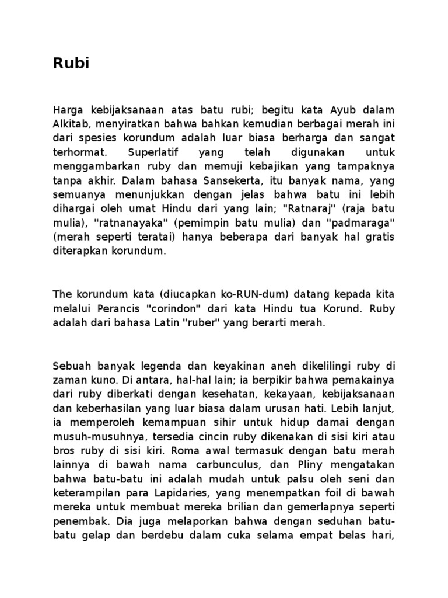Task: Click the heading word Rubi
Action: [71, 64]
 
